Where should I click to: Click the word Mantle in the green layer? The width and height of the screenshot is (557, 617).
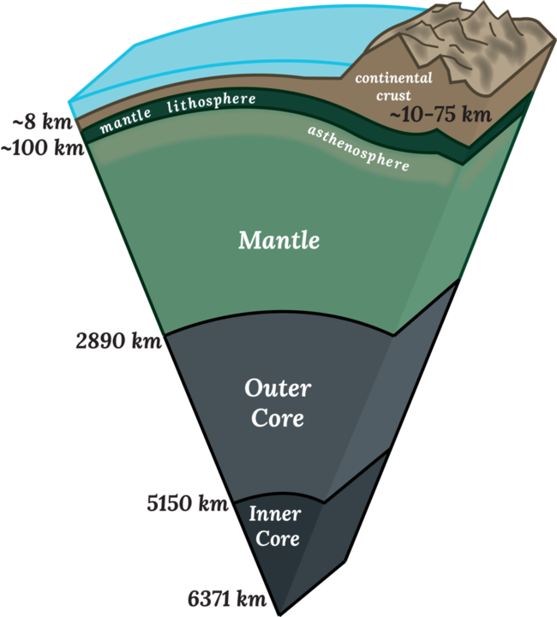pos(278,240)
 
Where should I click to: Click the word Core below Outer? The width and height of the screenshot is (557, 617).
pos(278,419)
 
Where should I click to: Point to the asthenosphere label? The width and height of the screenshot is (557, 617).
pos(358,147)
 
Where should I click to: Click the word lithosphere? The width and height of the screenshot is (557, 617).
pos(211,107)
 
